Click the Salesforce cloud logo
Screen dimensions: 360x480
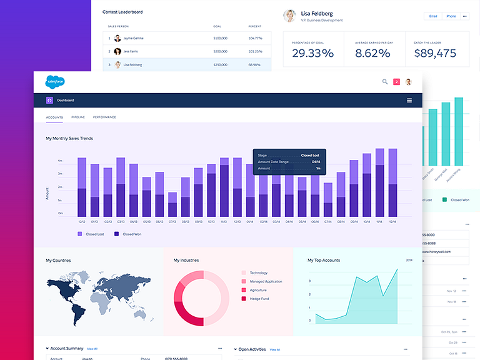[55, 81]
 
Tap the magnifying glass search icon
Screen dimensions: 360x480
[385, 81]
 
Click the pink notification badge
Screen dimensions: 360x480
[396, 82]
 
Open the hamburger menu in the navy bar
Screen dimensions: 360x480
[409, 100]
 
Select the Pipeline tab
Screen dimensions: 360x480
[78, 117]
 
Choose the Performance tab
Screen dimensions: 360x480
[104, 117]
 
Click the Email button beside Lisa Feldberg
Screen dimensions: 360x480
[433, 16]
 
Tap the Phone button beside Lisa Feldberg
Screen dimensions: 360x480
[451, 16]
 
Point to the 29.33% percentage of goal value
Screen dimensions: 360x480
[312, 54]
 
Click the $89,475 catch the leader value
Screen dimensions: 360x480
[435, 54]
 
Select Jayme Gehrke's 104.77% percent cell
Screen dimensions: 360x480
[254, 38]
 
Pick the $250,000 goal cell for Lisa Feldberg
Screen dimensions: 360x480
[220, 64]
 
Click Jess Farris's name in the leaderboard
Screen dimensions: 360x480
[131, 51]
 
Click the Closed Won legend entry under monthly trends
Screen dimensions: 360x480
[132, 234]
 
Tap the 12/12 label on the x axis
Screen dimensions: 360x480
[82, 221]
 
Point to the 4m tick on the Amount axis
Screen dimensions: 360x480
[61, 161]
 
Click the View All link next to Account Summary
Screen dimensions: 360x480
[92, 349]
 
